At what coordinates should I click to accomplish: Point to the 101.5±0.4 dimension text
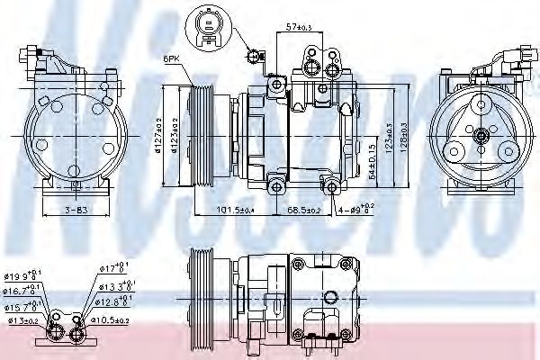click(237, 211)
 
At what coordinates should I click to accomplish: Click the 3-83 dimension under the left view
click(75, 211)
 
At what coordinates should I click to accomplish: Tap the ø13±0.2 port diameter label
click(22, 319)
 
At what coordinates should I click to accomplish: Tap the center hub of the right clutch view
click(481, 137)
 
